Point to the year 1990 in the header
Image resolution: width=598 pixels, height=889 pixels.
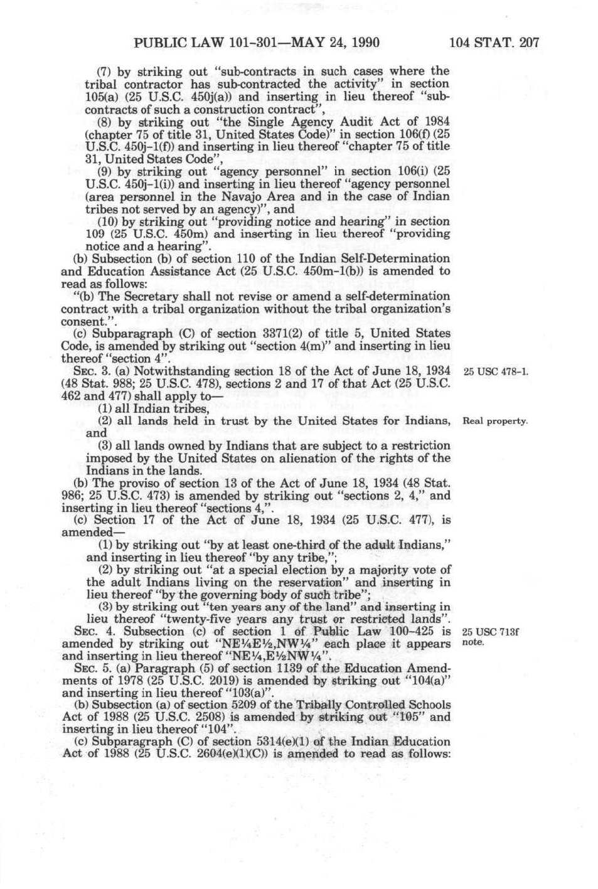point(363,43)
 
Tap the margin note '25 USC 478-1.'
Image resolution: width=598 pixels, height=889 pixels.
point(495,371)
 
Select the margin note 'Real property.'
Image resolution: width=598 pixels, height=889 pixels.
point(495,421)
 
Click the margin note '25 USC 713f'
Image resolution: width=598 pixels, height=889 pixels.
point(490,632)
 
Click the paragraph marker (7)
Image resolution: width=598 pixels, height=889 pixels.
point(105,72)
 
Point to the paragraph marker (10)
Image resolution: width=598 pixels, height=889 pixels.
point(108,221)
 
